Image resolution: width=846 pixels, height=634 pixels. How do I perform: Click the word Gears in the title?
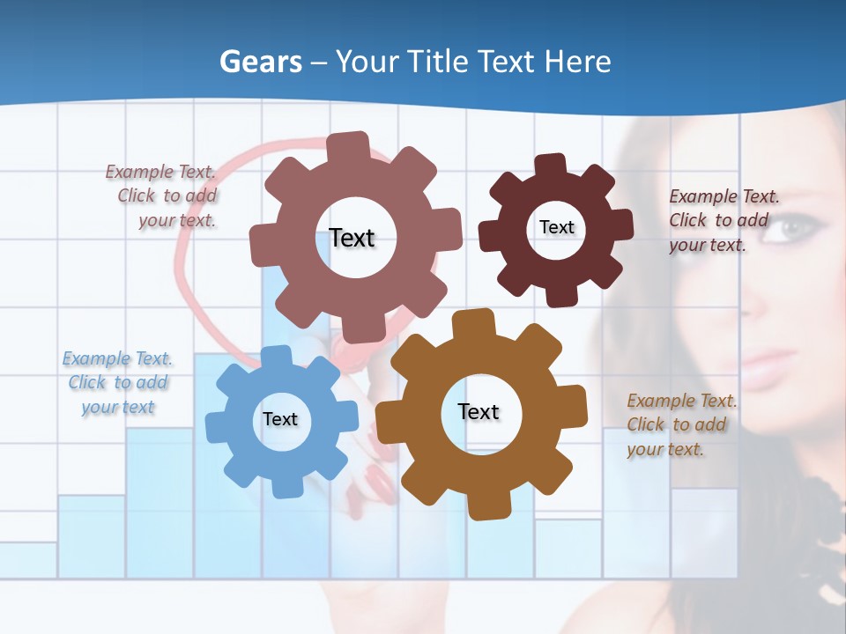(x=261, y=62)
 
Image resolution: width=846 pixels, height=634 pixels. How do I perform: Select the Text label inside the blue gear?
(x=280, y=420)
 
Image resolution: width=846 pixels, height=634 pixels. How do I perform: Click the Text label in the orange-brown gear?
(x=479, y=412)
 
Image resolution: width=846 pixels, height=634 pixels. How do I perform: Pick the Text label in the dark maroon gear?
(x=557, y=227)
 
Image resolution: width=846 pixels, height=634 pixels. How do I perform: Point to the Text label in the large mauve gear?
(x=352, y=238)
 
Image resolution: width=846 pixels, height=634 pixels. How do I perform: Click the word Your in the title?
(x=367, y=62)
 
